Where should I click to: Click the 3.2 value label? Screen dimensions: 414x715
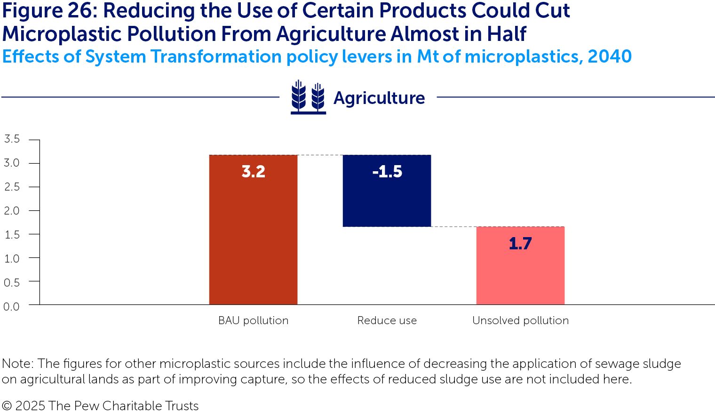(253, 172)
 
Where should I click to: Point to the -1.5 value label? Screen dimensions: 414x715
(387, 172)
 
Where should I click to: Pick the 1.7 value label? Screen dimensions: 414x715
(520, 244)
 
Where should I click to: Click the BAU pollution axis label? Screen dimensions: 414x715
(253, 320)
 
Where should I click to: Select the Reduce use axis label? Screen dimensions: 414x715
(387, 320)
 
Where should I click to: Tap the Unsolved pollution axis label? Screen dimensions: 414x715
(520, 320)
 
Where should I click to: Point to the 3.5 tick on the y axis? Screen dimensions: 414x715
(12, 139)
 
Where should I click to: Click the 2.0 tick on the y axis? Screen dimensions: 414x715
(12, 211)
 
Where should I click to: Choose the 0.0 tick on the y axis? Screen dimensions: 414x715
(12, 306)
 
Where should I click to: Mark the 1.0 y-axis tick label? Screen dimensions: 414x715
(12, 258)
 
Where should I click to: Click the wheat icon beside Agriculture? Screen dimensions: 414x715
(308, 97)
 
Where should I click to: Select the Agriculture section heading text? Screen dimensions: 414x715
(379, 98)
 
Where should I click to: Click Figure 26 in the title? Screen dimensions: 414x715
(48, 11)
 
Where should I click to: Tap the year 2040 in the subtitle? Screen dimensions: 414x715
(609, 56)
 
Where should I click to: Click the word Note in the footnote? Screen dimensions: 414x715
(17, 364)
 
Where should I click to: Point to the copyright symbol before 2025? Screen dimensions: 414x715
(7, 406)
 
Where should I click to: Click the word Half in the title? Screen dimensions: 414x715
(507, 34)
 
